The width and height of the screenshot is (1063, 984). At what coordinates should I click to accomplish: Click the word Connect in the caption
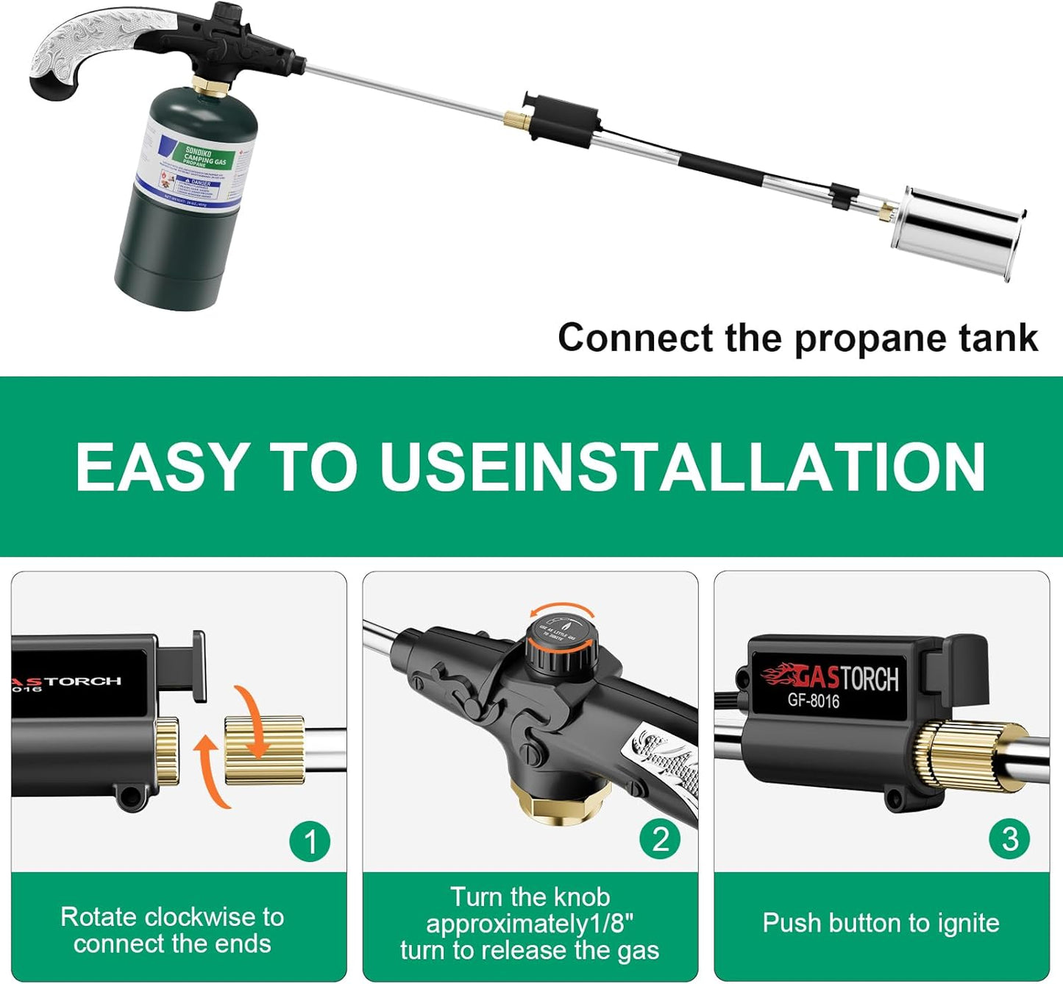click(x=635, y=339)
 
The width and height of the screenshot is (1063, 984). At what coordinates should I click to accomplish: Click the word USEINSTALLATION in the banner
click(x=682, y=467)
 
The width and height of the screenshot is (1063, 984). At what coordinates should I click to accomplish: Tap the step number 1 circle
click(x=310, y=841)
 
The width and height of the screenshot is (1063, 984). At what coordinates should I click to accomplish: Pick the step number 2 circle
click(x=661, y=839)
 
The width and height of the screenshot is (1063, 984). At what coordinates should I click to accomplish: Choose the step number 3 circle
click(x=1010, y=839)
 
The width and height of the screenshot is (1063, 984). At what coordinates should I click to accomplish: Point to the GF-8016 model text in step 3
click(x=813, y=700)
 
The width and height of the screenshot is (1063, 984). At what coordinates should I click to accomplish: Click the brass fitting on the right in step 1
click(x=264, y=750)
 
